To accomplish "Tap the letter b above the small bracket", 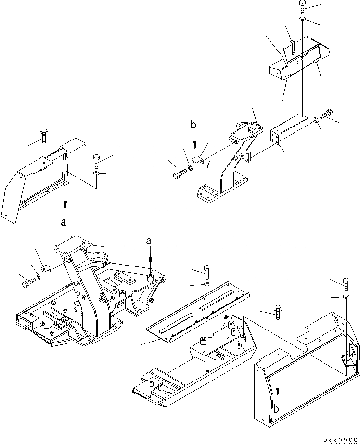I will point(193,125).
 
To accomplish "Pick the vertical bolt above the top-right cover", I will point(302,6).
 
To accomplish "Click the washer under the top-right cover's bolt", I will point(302,19).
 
